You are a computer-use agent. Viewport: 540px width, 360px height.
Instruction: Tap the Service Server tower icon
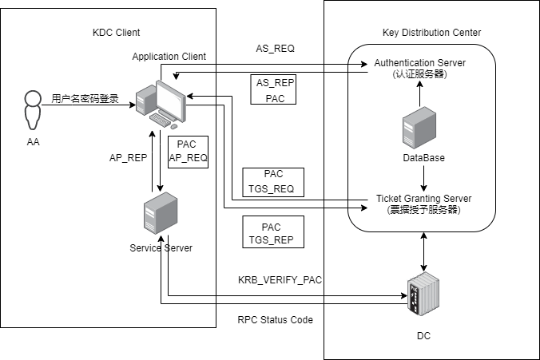tap(160, 216)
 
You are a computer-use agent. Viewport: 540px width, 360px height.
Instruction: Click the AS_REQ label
tap(275, 49)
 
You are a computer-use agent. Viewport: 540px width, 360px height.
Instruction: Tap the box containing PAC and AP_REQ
tap(188, 151)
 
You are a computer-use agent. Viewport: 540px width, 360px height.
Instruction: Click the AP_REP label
tap(128, 158)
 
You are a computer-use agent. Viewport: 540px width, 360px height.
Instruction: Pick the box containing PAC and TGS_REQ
tap(272, 181)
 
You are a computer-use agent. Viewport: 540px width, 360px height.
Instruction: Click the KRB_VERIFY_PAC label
tap(280, 279)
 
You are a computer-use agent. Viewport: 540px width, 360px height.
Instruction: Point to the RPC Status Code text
tap(275, 320)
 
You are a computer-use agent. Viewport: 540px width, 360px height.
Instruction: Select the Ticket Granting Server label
tap(423, 204)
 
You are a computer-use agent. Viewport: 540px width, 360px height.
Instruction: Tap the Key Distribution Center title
tap(431, 32)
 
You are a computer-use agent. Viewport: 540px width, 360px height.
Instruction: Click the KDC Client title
tap(117, 33)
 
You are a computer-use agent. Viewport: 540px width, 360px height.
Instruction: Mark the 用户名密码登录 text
tap(85, 99)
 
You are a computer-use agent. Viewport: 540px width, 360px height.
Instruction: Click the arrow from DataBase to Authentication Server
tap(419, 94)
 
